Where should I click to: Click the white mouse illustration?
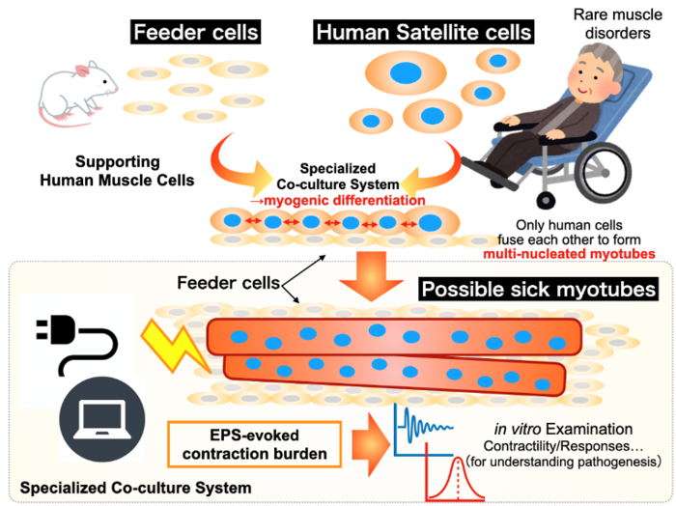(x=77, y=92)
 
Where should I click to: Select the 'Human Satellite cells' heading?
(x=423, y=32)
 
